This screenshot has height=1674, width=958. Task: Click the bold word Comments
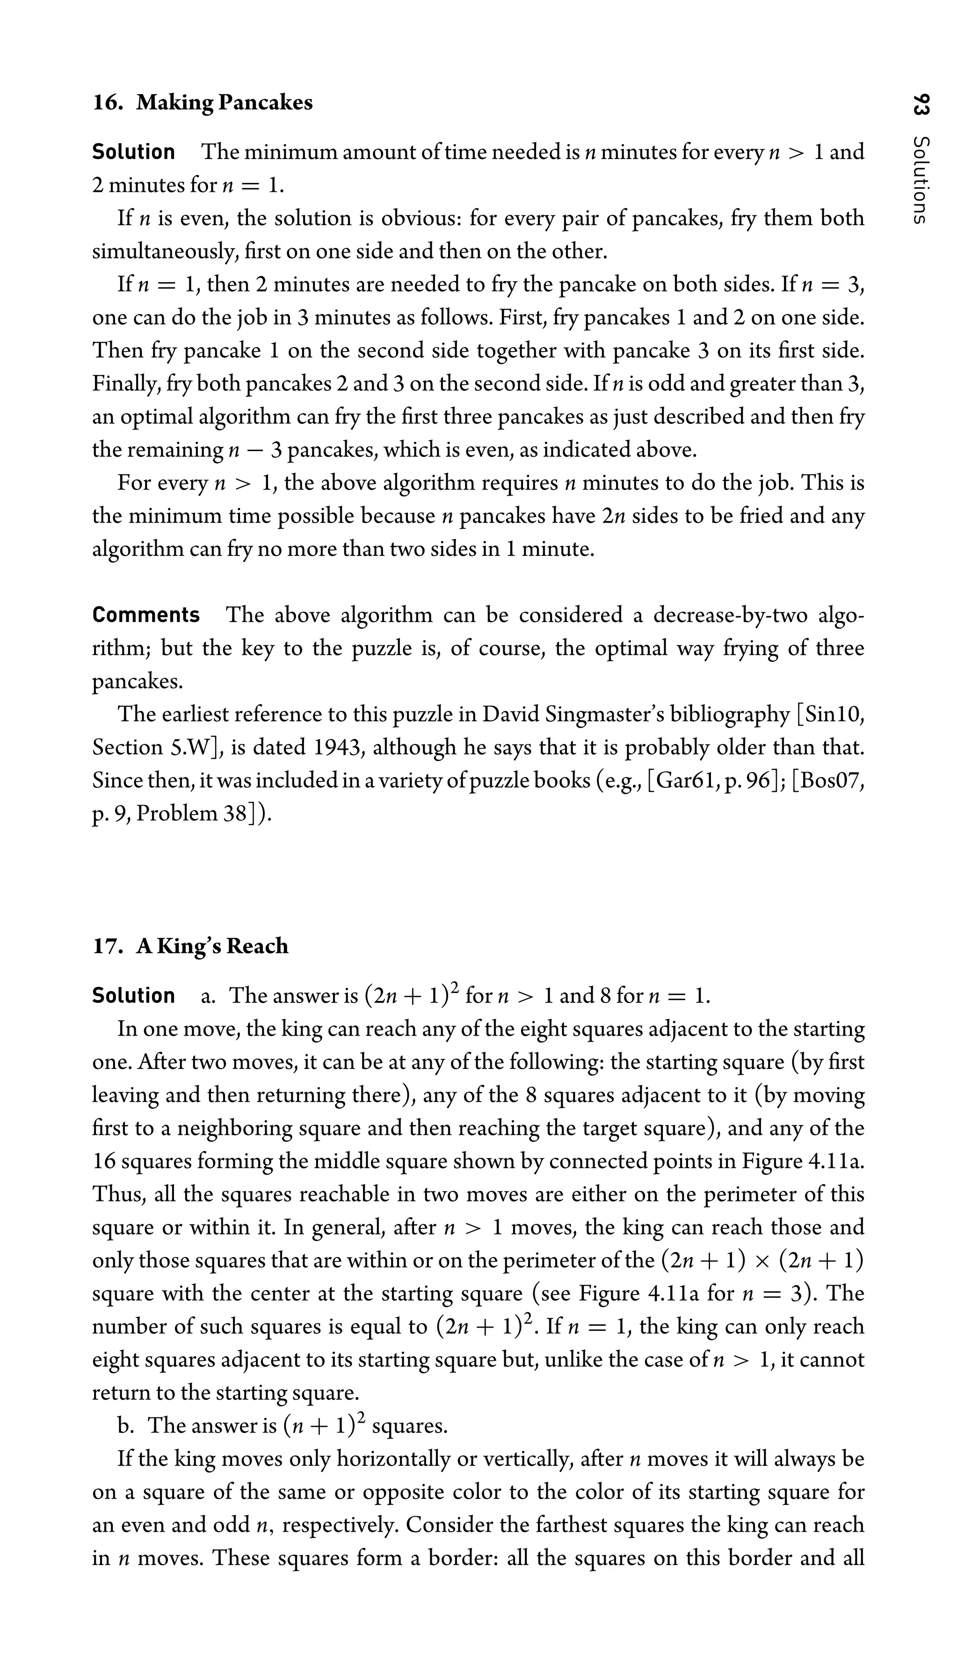click(145, 615)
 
